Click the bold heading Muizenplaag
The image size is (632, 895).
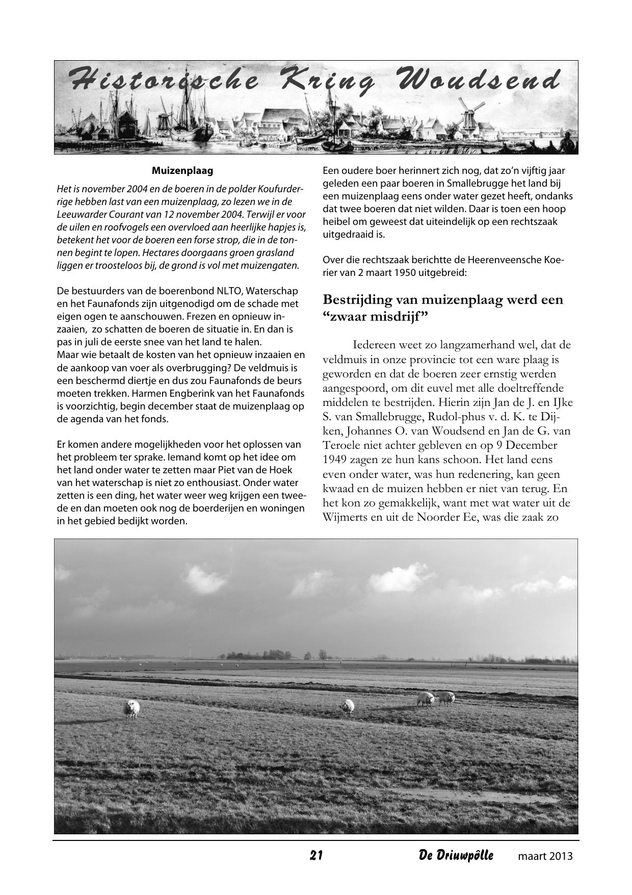tap(182, 170)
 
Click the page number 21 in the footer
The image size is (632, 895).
tap(316, 855)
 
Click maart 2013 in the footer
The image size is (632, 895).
tap(545, 856)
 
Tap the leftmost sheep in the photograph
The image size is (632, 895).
tap(131, 708)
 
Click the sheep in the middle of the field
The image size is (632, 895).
tap(348, 706)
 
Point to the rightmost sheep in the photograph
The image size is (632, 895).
tap(446, 698)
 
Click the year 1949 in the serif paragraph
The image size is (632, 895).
tap(337, 445)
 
